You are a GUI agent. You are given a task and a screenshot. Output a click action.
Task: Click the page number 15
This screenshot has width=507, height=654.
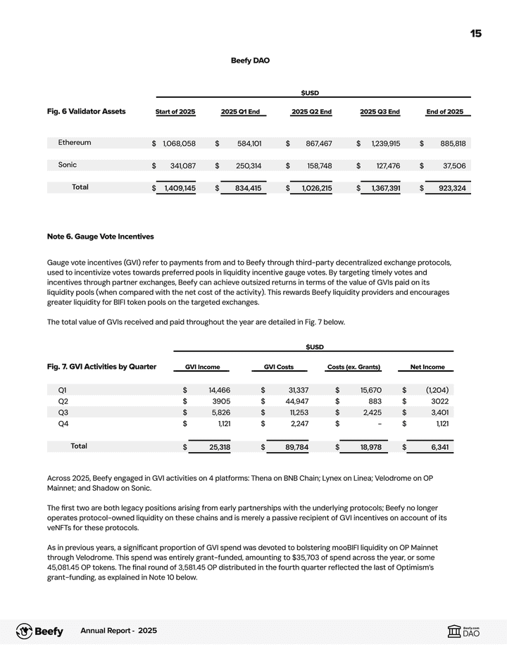476,34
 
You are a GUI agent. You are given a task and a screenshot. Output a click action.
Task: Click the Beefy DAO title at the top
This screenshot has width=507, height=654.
250,61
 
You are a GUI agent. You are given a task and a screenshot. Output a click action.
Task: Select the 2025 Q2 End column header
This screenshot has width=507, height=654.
311,112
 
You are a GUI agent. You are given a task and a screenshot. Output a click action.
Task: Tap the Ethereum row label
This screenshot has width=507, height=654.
74,143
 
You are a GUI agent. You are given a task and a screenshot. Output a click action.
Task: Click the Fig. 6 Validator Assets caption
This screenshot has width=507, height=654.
86,111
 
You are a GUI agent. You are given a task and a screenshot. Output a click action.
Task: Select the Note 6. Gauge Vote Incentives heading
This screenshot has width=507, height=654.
100,237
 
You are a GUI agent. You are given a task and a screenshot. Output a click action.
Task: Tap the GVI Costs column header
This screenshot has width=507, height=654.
278,367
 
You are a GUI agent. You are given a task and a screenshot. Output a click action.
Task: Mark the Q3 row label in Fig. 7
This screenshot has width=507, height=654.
63,413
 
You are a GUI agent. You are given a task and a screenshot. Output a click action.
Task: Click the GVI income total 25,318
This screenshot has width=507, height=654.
215,447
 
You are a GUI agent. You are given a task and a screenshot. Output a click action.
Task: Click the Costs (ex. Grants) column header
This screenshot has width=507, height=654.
354,367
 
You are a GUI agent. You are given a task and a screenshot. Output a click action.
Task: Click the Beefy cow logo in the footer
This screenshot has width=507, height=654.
24,631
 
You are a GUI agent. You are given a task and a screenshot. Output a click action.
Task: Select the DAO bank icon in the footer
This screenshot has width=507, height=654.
454,632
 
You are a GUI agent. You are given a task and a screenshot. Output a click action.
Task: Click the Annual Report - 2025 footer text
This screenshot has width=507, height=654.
119,631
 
